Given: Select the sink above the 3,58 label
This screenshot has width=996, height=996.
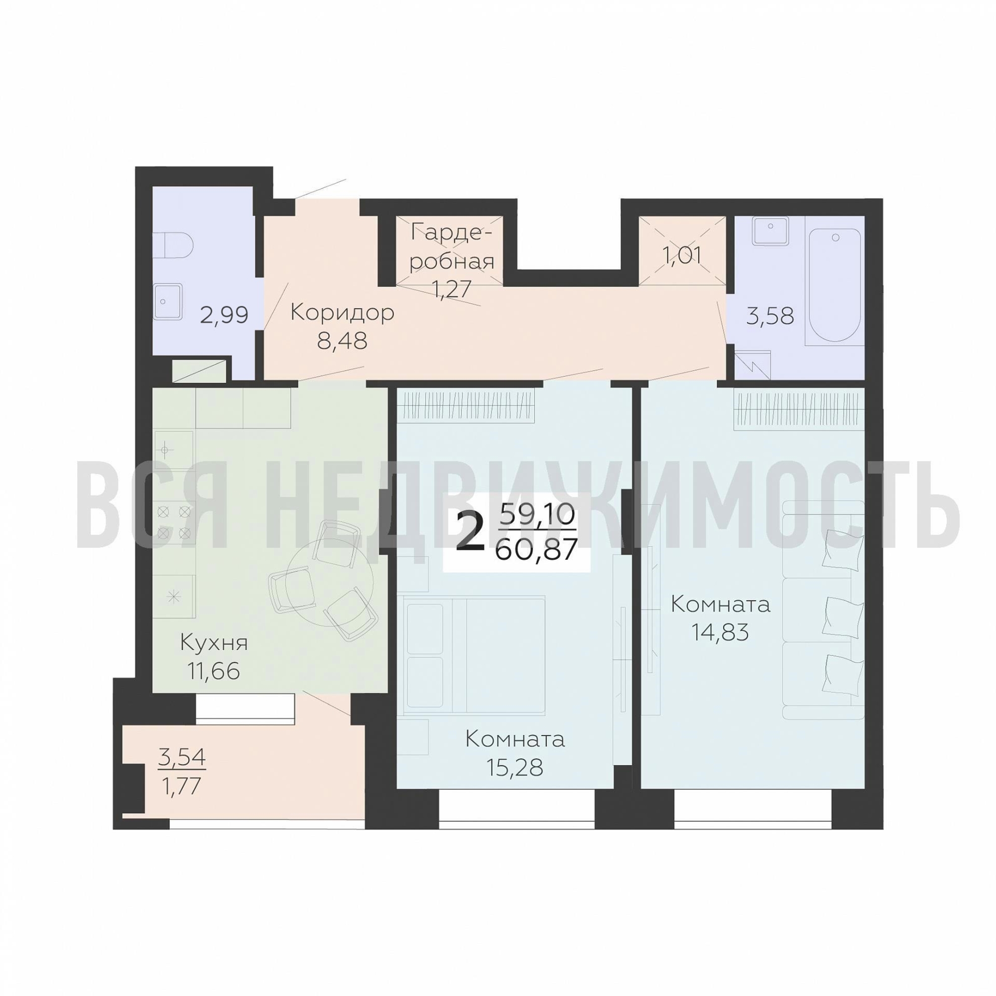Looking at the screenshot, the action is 770,230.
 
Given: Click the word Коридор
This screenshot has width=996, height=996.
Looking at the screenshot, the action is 342,313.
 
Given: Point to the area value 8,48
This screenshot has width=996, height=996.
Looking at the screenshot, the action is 342,340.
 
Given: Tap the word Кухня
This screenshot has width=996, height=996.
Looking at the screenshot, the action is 214,643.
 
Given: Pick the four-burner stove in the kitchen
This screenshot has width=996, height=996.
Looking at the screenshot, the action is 174,521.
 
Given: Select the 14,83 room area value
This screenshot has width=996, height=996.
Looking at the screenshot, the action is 720,631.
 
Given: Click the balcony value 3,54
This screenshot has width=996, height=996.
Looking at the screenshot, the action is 182,757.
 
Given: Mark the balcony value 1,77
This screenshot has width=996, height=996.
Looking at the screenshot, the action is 181,786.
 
